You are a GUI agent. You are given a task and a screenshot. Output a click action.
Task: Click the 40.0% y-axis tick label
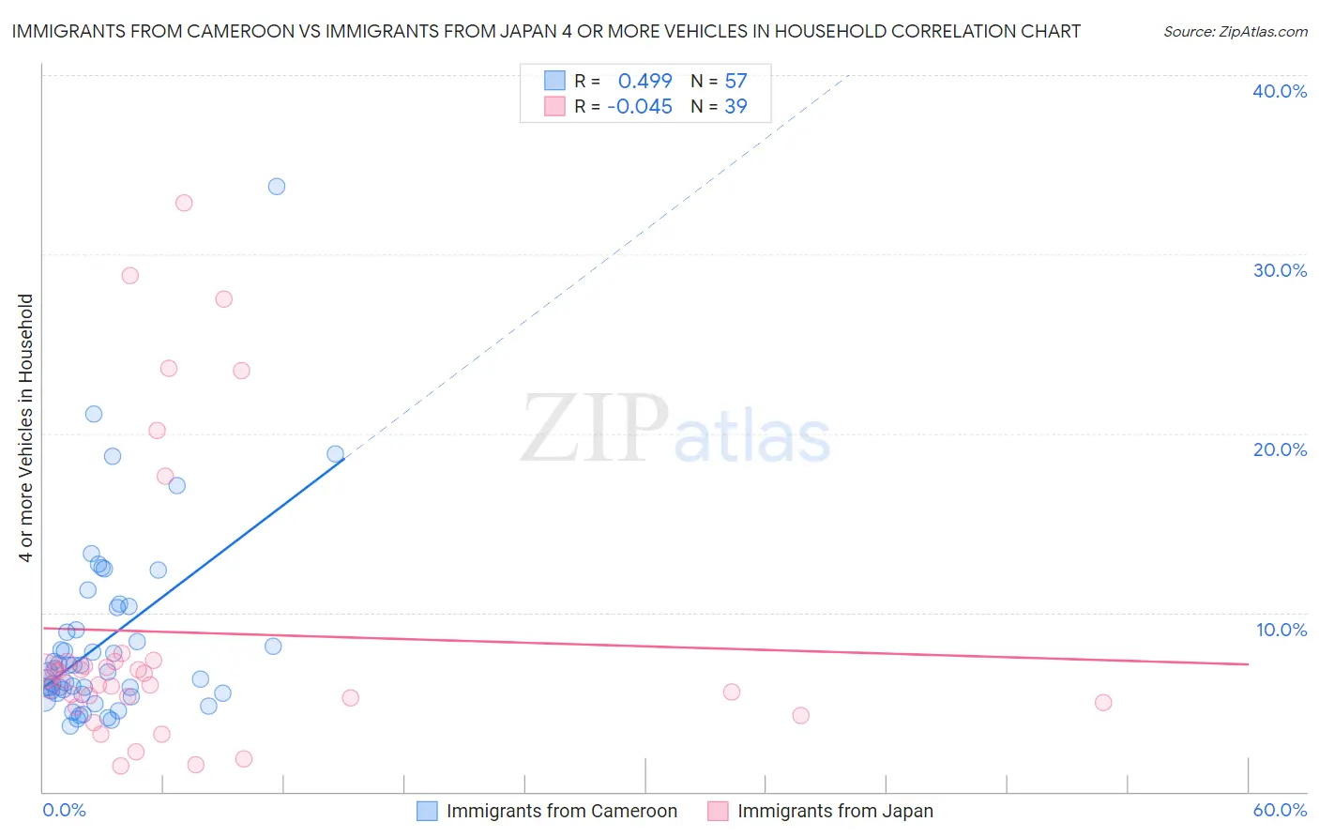point(1280,91)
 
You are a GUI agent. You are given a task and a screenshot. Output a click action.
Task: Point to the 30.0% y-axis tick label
point(1280,270)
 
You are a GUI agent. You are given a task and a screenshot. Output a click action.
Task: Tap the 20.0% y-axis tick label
point(1280,449)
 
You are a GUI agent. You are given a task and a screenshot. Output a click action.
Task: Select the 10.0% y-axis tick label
point(1281,630)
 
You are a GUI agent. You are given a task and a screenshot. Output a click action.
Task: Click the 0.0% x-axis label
point(64,810)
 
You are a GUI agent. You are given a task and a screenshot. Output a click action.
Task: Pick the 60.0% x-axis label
point(1280,810)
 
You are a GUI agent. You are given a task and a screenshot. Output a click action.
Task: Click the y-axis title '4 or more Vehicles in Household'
point(25,428)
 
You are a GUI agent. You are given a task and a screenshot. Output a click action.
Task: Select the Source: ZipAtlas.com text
point(1235,32)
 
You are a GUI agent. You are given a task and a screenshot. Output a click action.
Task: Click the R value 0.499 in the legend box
point(644,82)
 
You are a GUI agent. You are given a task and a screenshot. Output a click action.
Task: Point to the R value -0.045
point(640,107)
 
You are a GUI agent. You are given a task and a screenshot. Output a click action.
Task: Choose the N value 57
point(735,82)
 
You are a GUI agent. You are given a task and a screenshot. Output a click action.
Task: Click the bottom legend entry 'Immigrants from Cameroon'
point(561,811)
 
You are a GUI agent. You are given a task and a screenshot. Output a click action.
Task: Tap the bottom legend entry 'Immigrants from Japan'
point(835,811)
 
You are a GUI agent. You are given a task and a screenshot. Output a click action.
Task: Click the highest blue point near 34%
point(277,187)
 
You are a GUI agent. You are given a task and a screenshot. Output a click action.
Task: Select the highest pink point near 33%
point(184,203)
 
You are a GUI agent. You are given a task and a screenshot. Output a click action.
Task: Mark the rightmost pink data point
point(1103,703)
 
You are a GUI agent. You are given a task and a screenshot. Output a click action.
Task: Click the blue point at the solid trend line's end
point(335,454)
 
